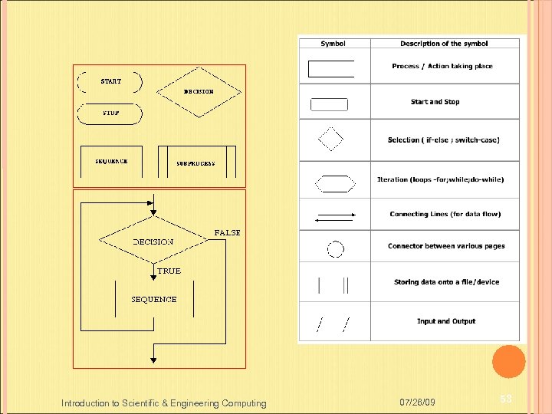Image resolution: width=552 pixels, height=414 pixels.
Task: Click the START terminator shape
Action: click(110, 82)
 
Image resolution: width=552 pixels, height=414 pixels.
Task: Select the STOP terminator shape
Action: click(110, 113)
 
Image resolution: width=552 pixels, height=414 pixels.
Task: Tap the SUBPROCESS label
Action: click(195, 163)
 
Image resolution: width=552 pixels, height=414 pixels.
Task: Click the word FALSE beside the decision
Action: click(227, 232)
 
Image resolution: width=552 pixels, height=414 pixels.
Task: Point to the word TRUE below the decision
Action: click(169, 271)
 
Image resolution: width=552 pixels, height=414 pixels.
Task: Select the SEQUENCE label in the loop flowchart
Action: click(154, 299)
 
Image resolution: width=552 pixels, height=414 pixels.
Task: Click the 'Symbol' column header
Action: click(333, 44)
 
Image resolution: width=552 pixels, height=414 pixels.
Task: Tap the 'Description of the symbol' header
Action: click(444, 44)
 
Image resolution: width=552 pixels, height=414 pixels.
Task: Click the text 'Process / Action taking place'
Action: click(442, 66)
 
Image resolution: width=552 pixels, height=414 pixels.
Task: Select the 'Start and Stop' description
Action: click(435, 101)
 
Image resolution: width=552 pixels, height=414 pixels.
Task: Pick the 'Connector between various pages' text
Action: click(446, 246)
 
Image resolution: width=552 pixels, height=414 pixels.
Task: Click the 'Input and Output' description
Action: click(446, 321)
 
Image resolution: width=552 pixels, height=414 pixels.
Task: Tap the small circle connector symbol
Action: click(335, 249)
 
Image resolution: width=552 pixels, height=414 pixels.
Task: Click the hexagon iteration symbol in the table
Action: click(335, 183)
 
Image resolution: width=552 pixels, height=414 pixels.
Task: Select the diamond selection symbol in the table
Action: click(331, 140)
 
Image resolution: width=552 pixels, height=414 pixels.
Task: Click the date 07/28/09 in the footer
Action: click(419, 402)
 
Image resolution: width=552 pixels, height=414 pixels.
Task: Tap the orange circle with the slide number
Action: click(508, 362)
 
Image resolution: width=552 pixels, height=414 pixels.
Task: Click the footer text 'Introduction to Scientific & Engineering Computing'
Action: click(164, 403)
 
